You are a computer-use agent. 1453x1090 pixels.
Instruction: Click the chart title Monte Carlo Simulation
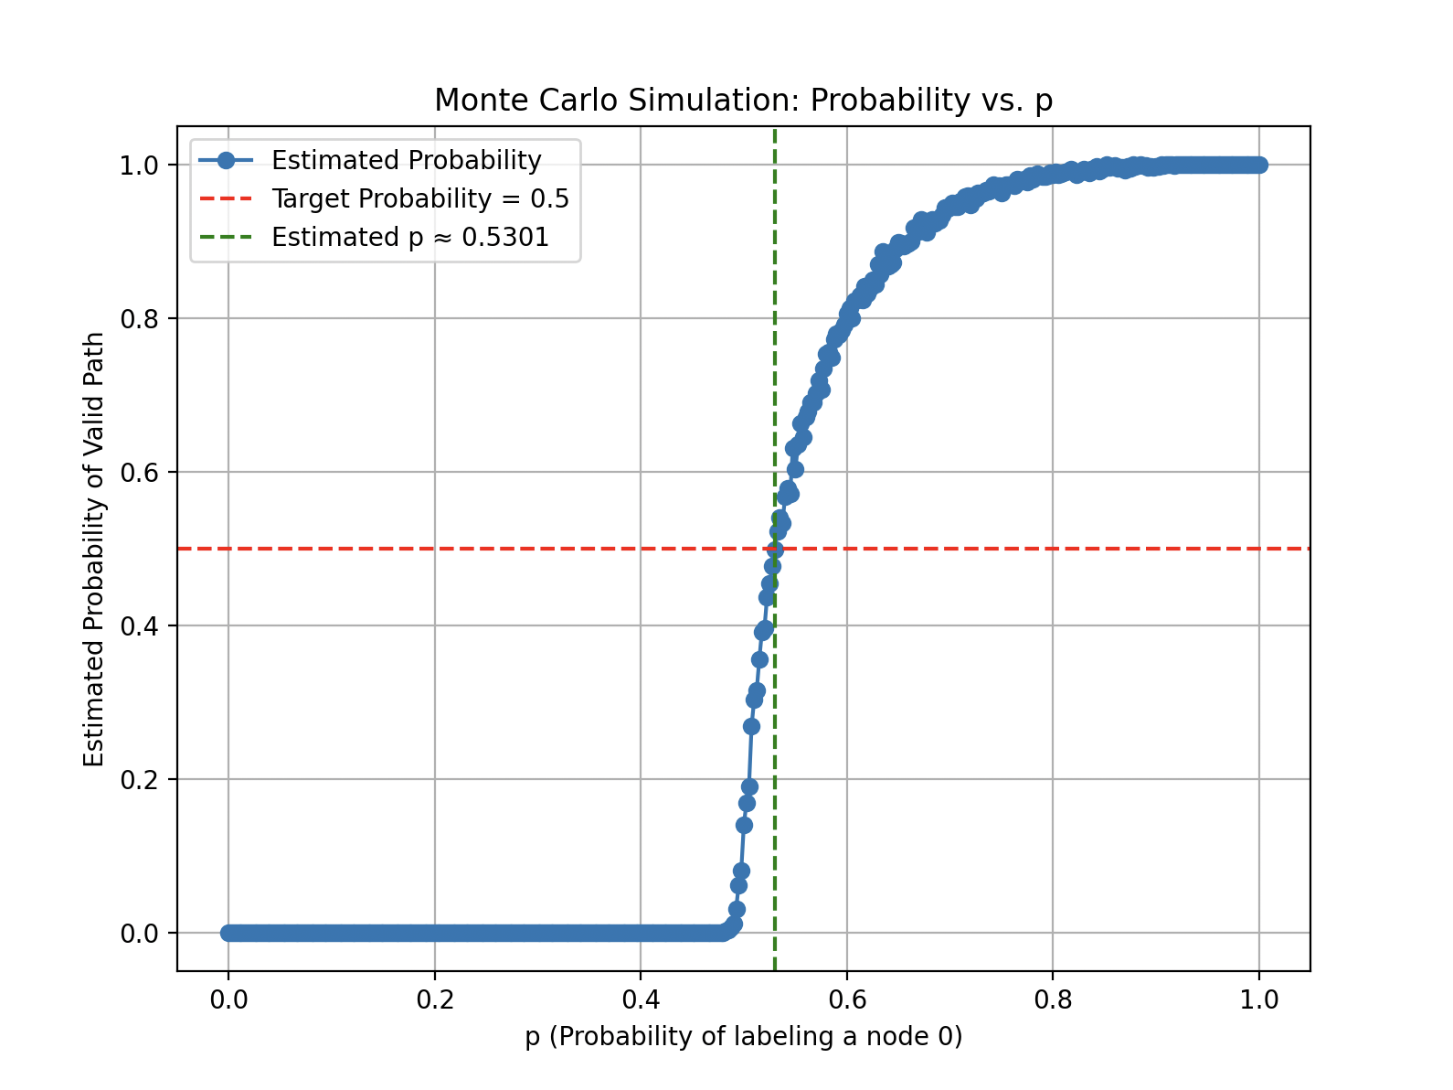click(x=743, y=100)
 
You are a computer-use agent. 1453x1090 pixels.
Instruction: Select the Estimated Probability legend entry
click(x=406, y=160)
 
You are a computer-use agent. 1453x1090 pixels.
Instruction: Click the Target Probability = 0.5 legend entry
click(x=419, y=198)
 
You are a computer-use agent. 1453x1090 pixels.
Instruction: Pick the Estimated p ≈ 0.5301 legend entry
click(x=409, y=237)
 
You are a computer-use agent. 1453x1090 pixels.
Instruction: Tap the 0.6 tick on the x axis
click(x=846, y=999)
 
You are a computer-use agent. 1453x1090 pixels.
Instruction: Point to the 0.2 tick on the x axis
click(x=434, y=999)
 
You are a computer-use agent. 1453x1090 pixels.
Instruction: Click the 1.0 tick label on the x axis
click(x=1259, y=999)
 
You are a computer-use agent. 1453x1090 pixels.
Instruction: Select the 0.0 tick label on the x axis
click(x=228, y=999)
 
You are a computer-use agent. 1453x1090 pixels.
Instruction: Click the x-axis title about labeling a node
click(x=743, y=1036)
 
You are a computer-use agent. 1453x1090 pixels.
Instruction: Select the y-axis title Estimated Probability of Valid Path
click(x=94, y=549)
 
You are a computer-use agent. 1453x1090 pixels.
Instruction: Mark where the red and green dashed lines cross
click(x=775, y=549)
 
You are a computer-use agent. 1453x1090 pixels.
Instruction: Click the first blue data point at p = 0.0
click(x=228, y=933)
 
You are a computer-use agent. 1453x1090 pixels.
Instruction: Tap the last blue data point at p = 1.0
click(x=1259, y=165)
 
